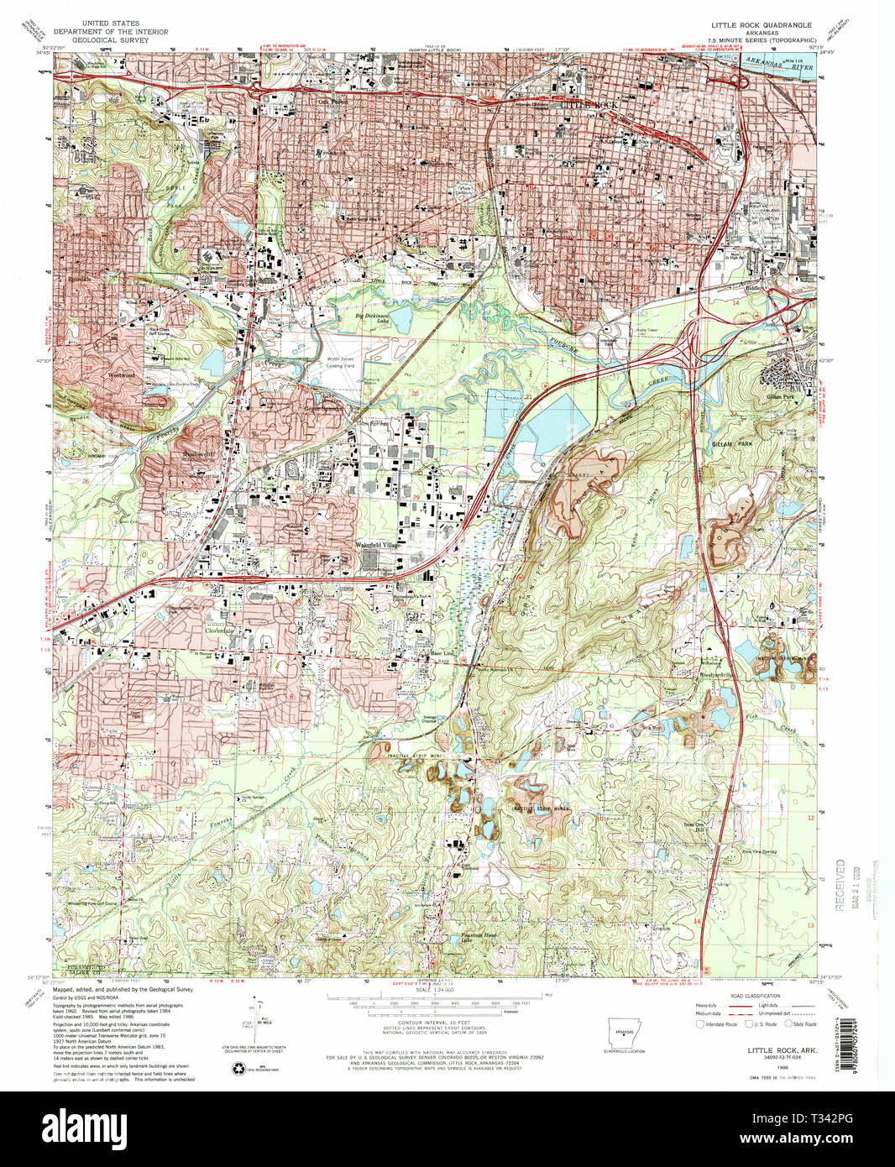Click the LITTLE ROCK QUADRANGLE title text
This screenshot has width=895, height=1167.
[x=762, y=26]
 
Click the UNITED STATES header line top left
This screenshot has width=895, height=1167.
[x=111, y=24]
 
